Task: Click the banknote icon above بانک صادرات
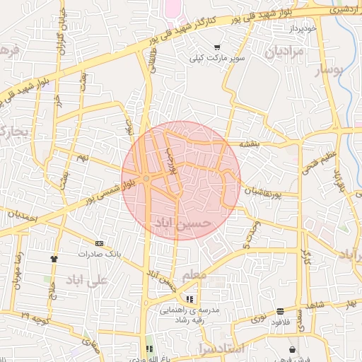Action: click(x=98, y=243)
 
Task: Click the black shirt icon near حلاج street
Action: click(x=54, y=259)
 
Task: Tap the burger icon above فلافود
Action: click(x=281, y=310)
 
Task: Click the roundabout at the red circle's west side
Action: click(x=145, y=178)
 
